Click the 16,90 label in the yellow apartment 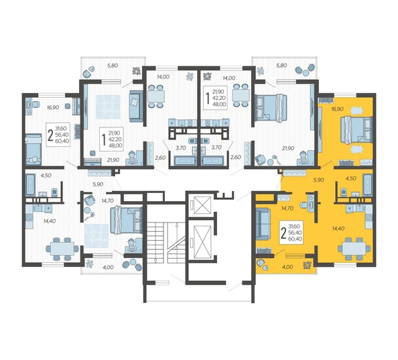[x=337, y=109]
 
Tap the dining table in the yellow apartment [x=354, y=248]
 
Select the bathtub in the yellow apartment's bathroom [x=367, y=184]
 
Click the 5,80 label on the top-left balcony [x=113, y=66]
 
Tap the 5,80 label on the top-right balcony [x=281, y=66]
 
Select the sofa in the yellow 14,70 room [x=263, y=224]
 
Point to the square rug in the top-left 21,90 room [x=108, y=107]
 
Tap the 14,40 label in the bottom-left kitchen [x=50, y=221]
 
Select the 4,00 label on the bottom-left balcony [x=108, y=267]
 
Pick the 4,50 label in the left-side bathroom [x=46, y=175]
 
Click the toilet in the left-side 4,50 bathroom [x=54, y=192]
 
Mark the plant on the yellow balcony [x=308, y=265]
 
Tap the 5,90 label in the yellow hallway [x=318, y=180]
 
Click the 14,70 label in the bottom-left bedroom [x=107, y=200]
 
